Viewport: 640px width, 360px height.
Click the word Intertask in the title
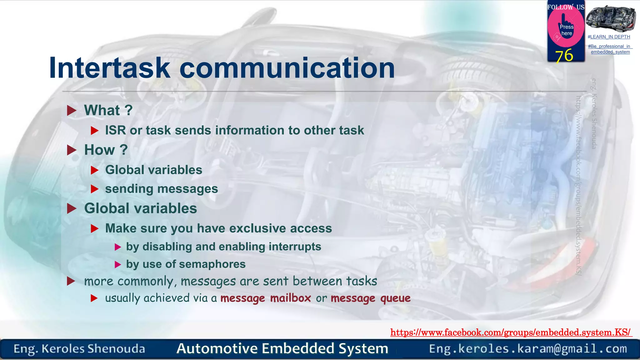[x=109, y=68]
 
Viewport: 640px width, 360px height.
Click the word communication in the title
[x=287, y=68]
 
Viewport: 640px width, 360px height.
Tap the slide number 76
[x=564, y=56]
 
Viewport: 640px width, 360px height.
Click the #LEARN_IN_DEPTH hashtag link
[x=609, y=37]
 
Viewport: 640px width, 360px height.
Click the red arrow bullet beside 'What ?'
[x=72, y=110]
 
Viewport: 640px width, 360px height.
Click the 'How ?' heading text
[x=106, y=150]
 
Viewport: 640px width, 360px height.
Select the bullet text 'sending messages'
[x=161, y=189]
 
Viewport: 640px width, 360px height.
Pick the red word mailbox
[x=290, y=298]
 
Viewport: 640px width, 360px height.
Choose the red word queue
[x=395, y=298]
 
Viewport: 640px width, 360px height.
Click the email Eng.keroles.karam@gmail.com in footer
[x=528, y=348]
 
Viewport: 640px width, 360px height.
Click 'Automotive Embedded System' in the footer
[x=282, y=348]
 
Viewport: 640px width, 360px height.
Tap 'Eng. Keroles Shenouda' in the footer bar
[x=79, y=349]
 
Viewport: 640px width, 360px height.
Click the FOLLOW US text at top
[x=565, y=7]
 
